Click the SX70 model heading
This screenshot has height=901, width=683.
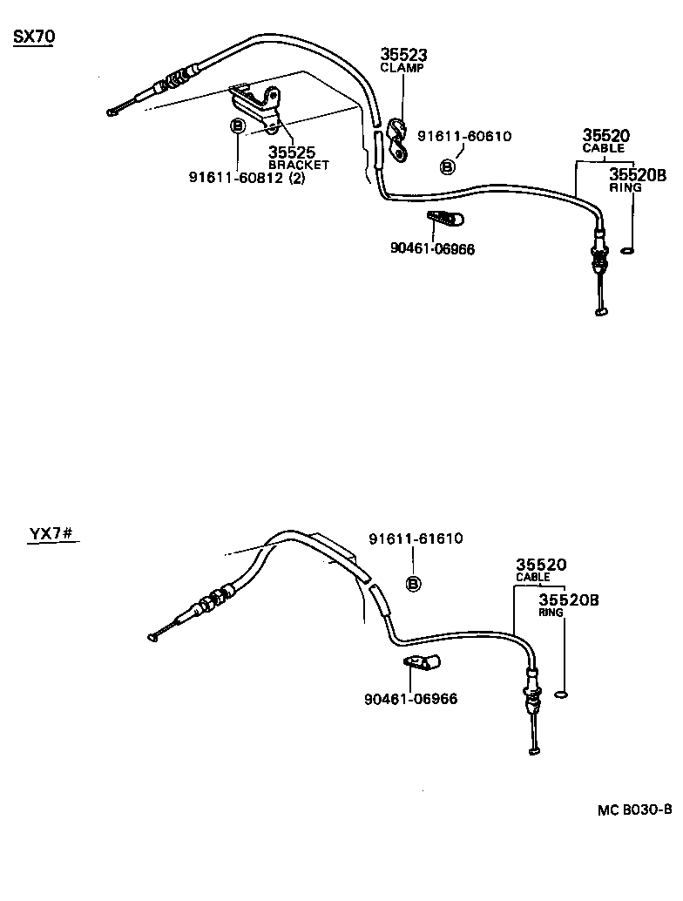[32, 38]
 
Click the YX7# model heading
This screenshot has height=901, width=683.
[49, 533]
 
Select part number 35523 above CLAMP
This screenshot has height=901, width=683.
[403, 55]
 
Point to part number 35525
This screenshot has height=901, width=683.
[291, 152]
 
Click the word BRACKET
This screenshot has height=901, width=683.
[299, 165]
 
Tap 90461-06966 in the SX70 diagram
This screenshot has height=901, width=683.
[433, 248]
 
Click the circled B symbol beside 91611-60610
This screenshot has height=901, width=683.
[447, 166]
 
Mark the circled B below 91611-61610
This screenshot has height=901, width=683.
[414, 582]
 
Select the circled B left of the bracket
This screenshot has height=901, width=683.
[236, 126]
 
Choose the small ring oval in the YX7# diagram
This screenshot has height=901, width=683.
[563, 694]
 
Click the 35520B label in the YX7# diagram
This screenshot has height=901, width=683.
[568, 600]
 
